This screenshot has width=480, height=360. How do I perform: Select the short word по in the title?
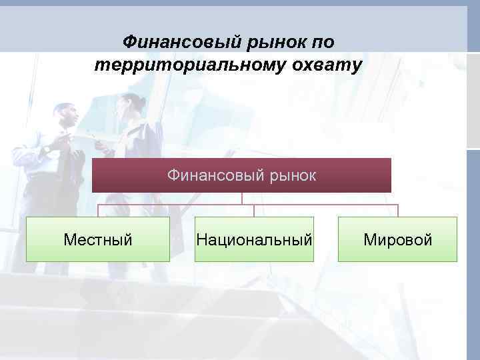click(x=320, y=43)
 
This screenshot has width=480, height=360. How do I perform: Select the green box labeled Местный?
click(x=98, y=239)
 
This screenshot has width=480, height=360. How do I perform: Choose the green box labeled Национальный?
click(x=254, y=239)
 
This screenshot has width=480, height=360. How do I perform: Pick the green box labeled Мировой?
click(x=398, y=239)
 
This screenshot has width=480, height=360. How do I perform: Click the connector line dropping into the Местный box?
click(x=98, y=211)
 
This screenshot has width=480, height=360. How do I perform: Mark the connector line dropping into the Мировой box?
click(x=398, y=211)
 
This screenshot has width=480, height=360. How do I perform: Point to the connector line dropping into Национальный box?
click(x=254, y=211)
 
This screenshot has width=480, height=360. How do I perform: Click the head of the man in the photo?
click(x=65, y=115)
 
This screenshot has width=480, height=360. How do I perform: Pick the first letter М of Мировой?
click(x=369, y=239)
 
